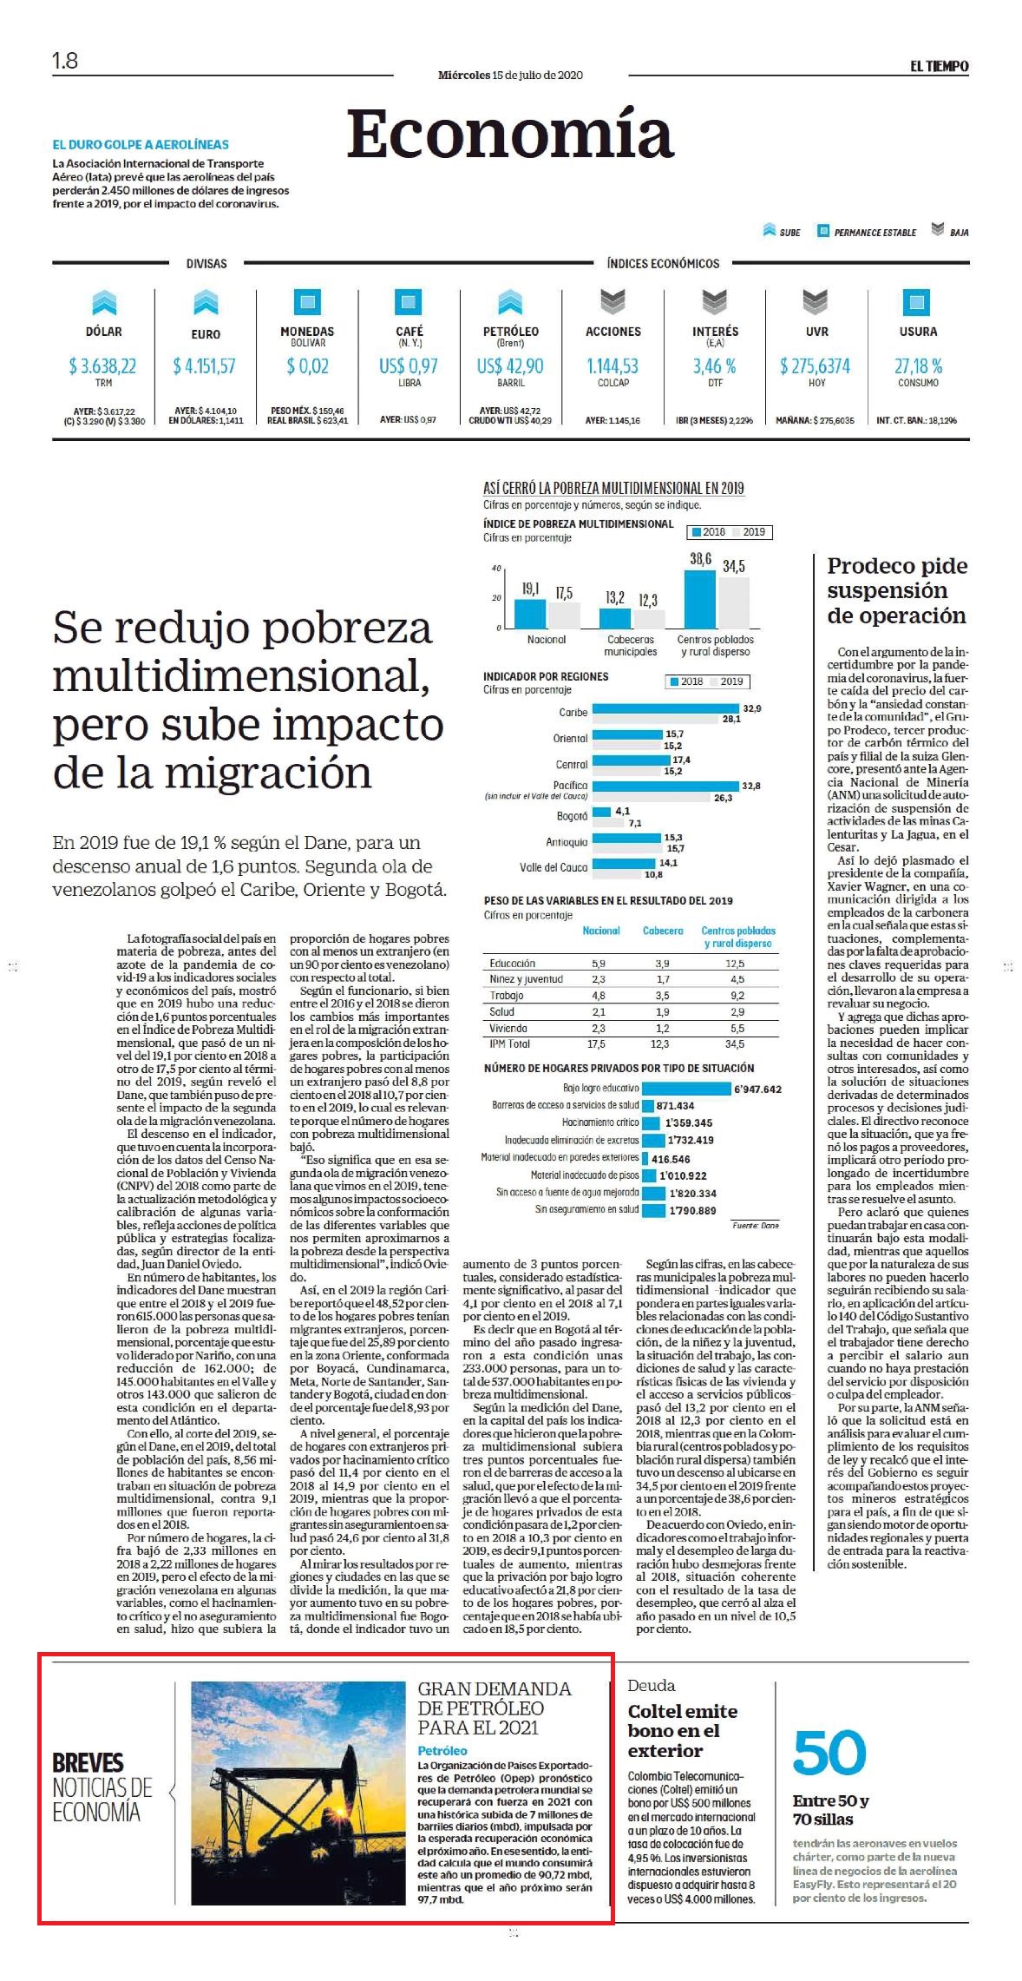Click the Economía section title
click(510, 134)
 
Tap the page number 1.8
click(65, 61)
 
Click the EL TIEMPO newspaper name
click(940, 66)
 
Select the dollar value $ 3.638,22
click(103, 366)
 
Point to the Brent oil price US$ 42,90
click(510, 366)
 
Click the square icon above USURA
click(917, 301)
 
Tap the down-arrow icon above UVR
click(816, 301)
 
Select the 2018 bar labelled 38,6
click(700, 599)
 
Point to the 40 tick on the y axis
click(497, 569)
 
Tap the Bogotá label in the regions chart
click(573, 816)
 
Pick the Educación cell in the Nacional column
click(599, 964)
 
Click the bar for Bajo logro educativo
click(685, 1089)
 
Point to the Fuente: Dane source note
click(756, 1225)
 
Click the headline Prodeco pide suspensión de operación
click(896, 590)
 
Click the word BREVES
click(88, 1763)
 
